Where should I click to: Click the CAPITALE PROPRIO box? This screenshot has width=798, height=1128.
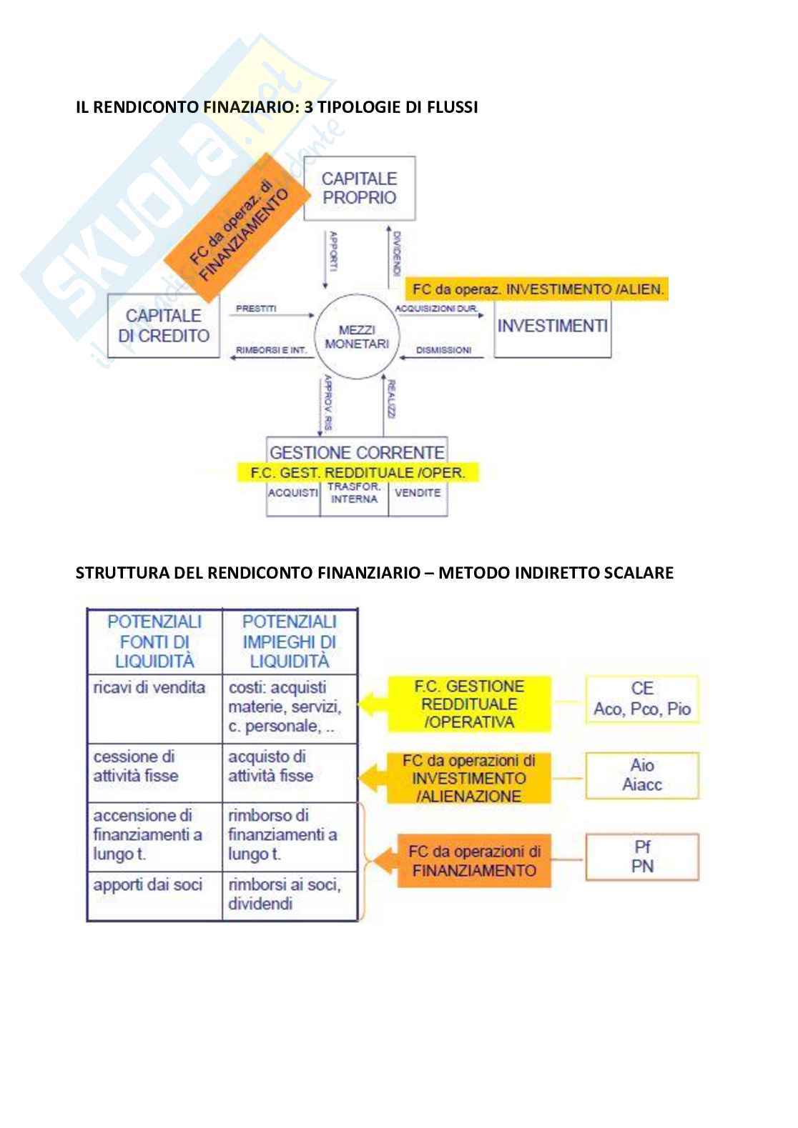click(359, 189)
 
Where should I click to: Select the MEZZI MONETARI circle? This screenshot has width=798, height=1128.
click(357, 336)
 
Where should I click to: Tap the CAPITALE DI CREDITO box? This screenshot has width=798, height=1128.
click(164, 325)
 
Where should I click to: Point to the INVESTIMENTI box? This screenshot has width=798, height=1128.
click(552, 326)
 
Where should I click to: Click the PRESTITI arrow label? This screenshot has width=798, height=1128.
click(255, 309)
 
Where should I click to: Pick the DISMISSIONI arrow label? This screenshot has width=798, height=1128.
click(443, 350)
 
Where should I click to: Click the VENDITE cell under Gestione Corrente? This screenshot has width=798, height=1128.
click(418, 493)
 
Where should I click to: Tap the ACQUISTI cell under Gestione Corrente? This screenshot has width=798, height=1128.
click(293, 493)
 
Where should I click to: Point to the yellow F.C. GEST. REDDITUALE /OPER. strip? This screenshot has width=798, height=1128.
click(358, 472)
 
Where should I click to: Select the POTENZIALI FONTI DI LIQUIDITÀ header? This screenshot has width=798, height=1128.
click(154, 641)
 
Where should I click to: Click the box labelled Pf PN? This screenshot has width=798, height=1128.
click(642, 857)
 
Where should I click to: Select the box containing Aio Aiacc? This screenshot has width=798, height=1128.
click(642, 775)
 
